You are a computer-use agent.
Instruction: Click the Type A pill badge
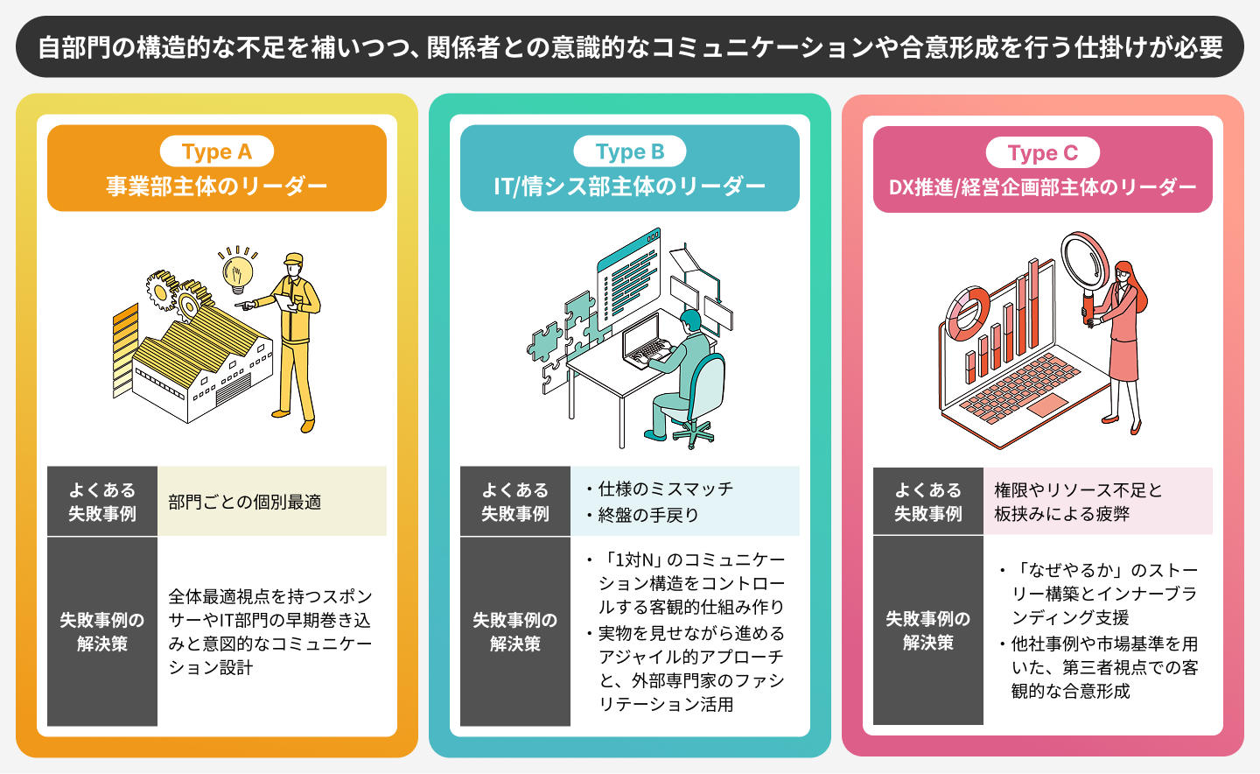pyautogui.click(x=216, y=151)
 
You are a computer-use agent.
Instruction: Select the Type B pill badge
pyautogui.click(x=629, y=151)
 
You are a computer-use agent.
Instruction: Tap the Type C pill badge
pyautogui.click(x=1042, y=153)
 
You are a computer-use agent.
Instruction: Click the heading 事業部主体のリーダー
pyautogui.click(x=216, y=186)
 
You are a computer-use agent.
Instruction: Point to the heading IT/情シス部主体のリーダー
pyautogui.click(x=629, y=186)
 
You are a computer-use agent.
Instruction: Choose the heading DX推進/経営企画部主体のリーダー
pyautogui.click(x=1042, y=186)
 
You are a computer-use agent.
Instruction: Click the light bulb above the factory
pyautogui.click(x=236, y=274)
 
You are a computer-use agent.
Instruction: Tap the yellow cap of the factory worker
pyautogui.click(x=293, y=259)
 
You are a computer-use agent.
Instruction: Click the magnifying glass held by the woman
pyautogui.click(x=1085, y=262)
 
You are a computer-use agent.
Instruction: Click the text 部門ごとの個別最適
pyautogui.click(x=245, y=502)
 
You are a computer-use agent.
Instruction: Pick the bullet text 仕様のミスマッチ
pyautogui.click(x=665, y=489)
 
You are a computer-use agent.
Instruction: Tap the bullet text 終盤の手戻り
pyautogui.click(x=648, y=515)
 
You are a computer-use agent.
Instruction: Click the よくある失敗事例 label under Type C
pyautogui.click(x=927, y=502)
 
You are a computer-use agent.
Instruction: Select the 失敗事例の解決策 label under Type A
pyautogui.click(x=101, y=631)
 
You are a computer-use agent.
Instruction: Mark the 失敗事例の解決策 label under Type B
pyautogui.click(x=514, y=631)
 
